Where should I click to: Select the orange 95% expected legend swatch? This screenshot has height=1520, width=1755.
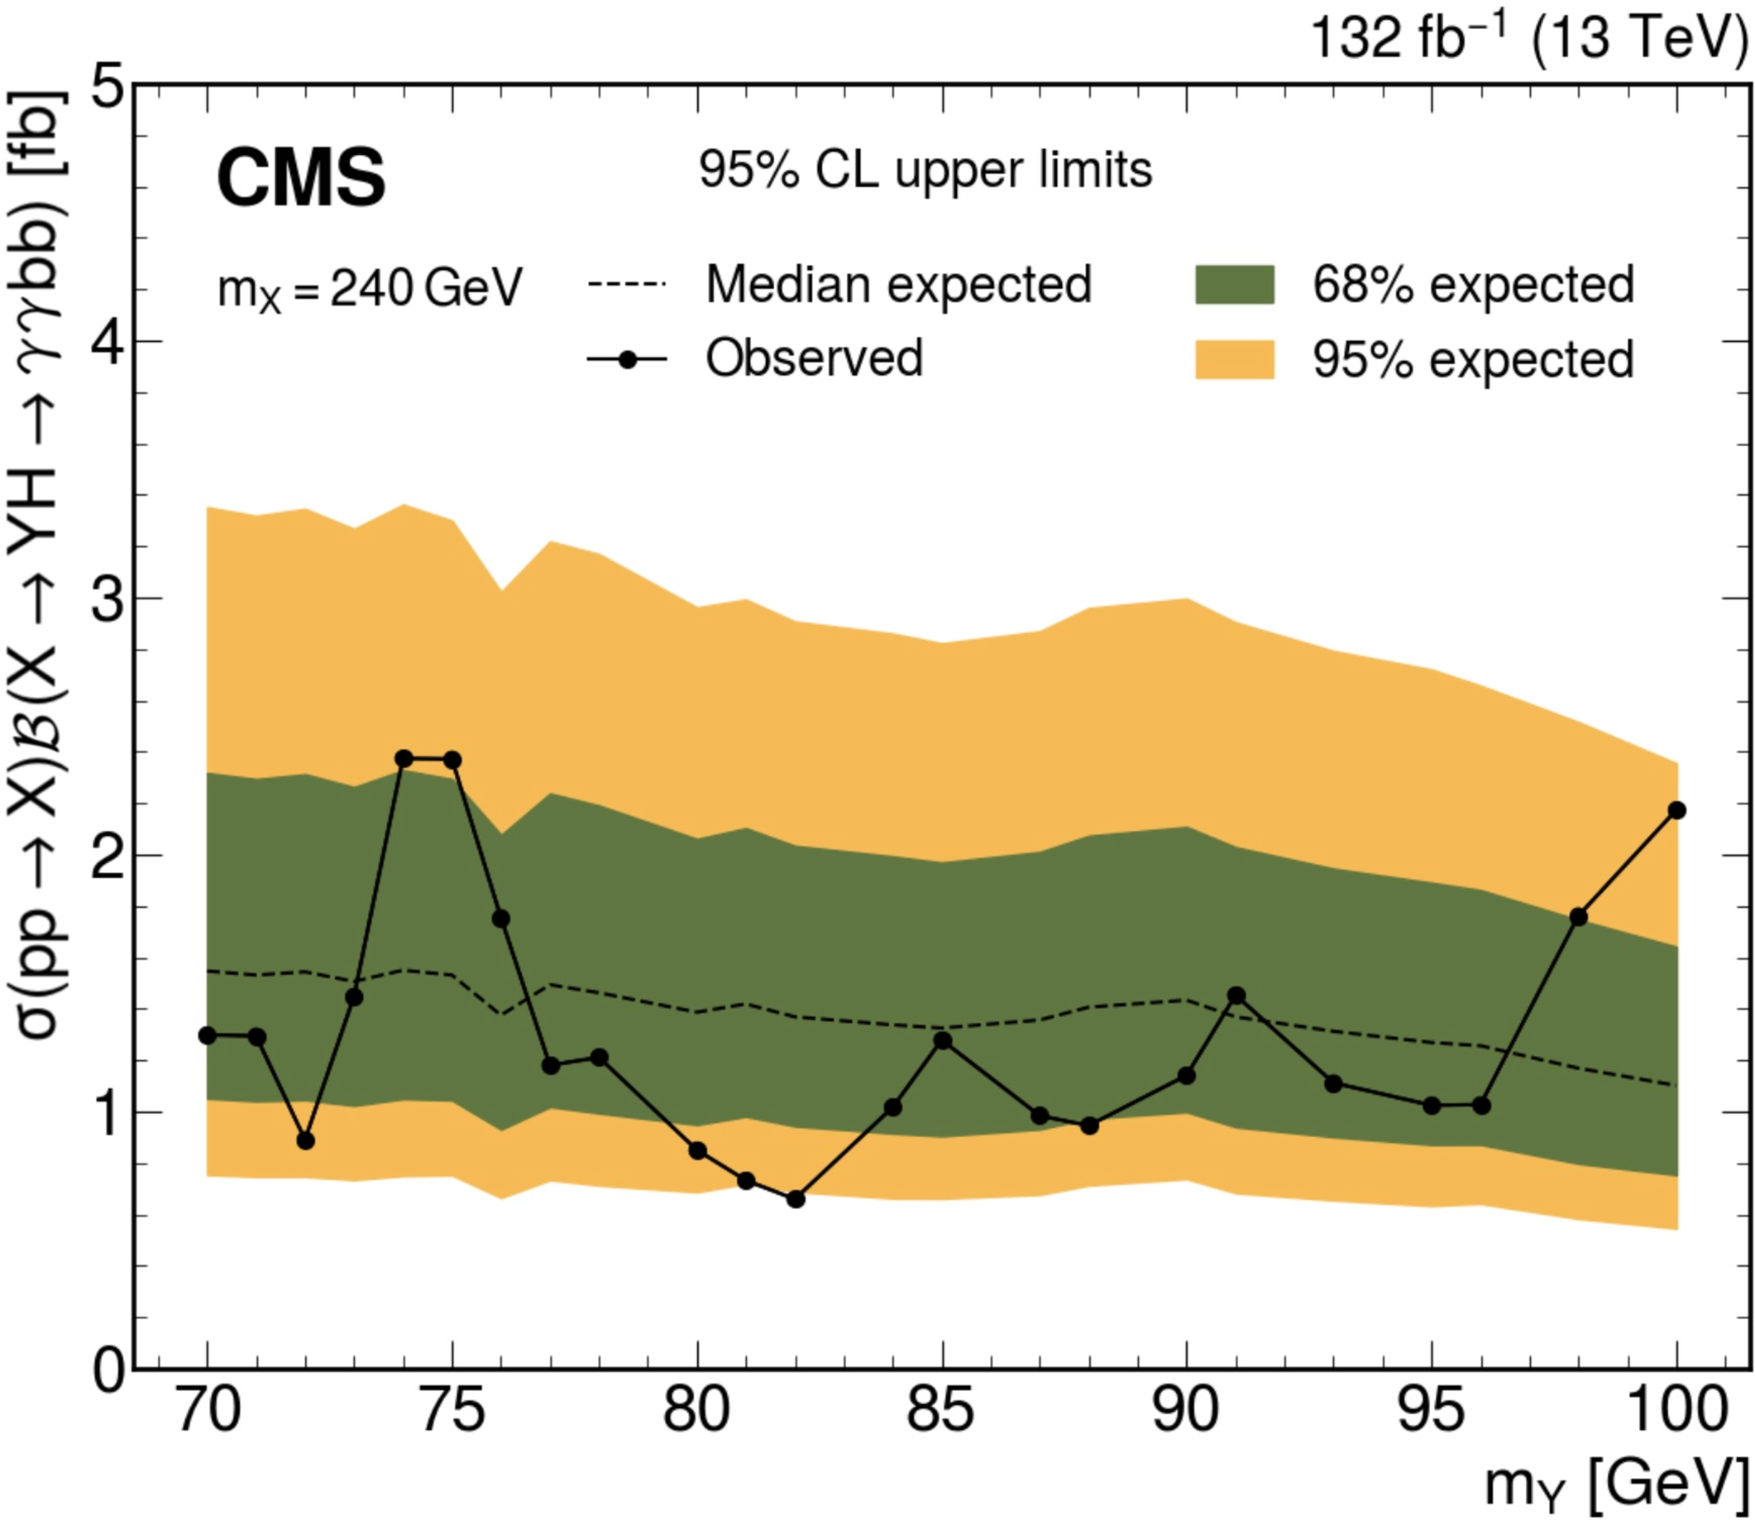pyautogui.click(x=1234, y=359)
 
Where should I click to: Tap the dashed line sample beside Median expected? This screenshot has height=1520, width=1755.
pyautogui.click(x=626, y=285)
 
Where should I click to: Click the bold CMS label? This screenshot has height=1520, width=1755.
pyautogui.click(x=301, y=179)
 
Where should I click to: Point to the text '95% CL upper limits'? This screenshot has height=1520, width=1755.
pyautogui.click(x=925, y=171)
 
